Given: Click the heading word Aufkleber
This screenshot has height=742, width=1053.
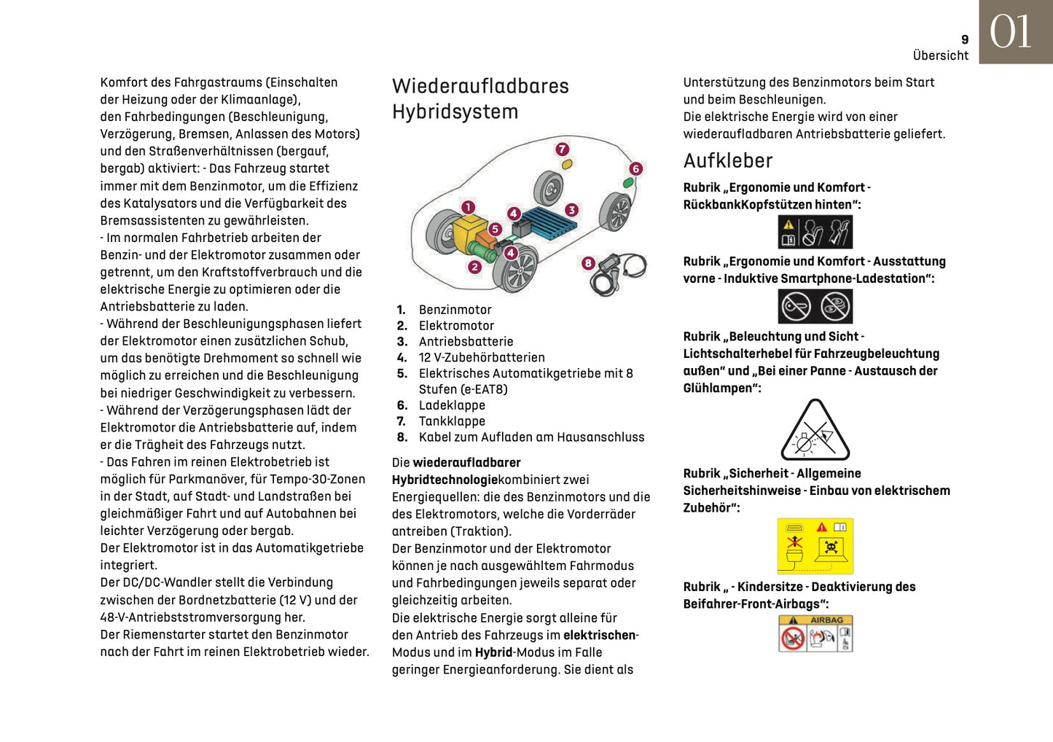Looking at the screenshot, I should tap(727, 160).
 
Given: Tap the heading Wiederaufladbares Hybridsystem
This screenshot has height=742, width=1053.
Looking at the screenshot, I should tap(479, 98).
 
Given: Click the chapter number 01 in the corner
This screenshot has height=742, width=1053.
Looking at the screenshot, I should tap(1011, 33).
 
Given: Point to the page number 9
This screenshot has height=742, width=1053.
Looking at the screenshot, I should tap(965, 40).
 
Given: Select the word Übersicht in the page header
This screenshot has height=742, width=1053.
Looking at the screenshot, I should tap(940, 55).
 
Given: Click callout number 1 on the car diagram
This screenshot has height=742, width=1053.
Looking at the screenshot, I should tap(468, 208).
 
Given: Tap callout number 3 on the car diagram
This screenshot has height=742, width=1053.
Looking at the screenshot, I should tap(571, 210).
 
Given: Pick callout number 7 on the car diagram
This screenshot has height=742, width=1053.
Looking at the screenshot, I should tap(562, 149).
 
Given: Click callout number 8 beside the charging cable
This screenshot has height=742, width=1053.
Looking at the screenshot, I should tap(588, 263).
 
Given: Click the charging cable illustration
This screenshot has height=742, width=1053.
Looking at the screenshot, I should tap(619, 273).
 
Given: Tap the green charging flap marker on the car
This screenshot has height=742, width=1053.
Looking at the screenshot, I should tap(627, 182).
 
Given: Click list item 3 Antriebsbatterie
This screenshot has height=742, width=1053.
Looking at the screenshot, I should tap(466, 342).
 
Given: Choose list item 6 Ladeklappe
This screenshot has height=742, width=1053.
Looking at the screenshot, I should tap(451, 405).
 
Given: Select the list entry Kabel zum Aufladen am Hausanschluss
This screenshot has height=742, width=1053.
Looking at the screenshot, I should tap(531, 437).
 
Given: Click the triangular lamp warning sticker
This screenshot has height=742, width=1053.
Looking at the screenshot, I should tap(815, 431).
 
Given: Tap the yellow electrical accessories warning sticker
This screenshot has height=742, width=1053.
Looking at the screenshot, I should tap(815, 546).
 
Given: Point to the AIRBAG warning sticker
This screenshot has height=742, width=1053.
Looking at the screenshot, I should tap(815, 633).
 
